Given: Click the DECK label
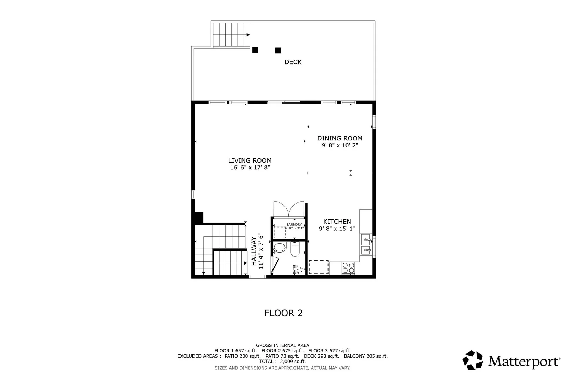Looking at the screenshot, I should [x=293, y=62].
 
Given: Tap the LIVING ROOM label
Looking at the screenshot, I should [x=250, y=160].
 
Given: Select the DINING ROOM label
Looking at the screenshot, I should [x=339, y=138].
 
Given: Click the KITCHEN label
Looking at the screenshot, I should [x=337, y=222].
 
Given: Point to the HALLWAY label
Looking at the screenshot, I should [x=254, y=251].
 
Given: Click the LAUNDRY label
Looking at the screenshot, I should [x=294, y=224].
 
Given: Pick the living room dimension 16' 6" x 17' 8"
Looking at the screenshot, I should [x=250, y=168].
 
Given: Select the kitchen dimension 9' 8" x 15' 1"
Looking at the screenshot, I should [x=337, y=229].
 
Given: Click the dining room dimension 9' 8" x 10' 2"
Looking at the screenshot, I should [x=339, y=145].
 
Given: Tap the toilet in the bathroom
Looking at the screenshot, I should [x=295, y=250].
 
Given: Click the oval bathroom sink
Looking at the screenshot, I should [x=280, y=248].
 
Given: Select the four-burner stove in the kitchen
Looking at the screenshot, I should [x=348, y=268].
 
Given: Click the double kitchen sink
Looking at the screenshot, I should [x=365, y=244].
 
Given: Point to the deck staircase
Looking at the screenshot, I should [x=231, y=35].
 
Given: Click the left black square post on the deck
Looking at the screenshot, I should [x=255, y=50].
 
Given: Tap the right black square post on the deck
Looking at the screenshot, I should [x=278, y=50].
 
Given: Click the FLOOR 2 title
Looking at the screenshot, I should [x=283, y=313].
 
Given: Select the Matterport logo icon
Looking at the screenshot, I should [x=473, y=360].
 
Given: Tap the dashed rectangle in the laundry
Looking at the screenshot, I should [x=280, y=232].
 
